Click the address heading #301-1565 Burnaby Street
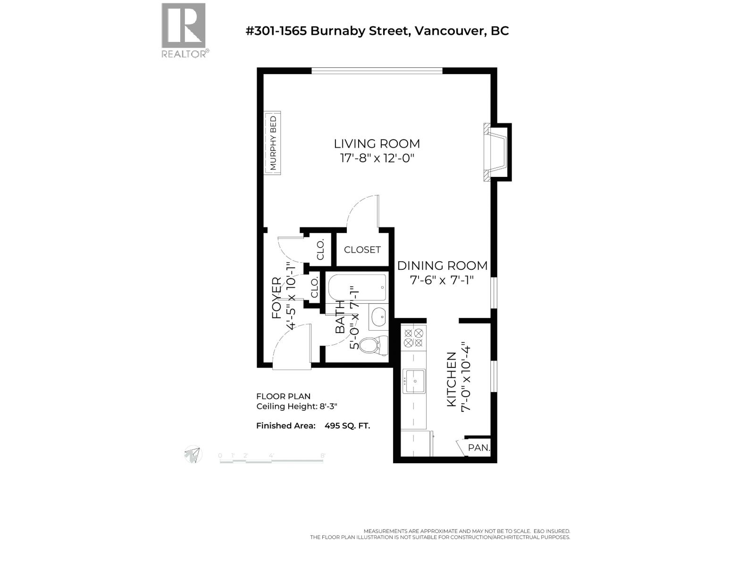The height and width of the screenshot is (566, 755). pos(377,31)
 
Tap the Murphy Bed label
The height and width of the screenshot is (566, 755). pos(273,143)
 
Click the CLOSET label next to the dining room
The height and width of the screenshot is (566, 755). pos(362,250)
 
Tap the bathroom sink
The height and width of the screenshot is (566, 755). pos(378,317)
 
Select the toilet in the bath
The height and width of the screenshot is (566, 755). pos(373,345)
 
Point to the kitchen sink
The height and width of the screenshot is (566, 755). pos(413,381)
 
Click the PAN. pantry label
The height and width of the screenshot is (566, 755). pos(478,448)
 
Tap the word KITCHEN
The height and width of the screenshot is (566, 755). pos(452,379)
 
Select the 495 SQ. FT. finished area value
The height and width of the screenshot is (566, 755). pos(347,425)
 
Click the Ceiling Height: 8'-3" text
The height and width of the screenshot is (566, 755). pos(297,407)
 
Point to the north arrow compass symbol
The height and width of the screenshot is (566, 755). pos(193,455)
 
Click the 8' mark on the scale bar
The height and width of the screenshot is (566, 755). pos(323,456)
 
